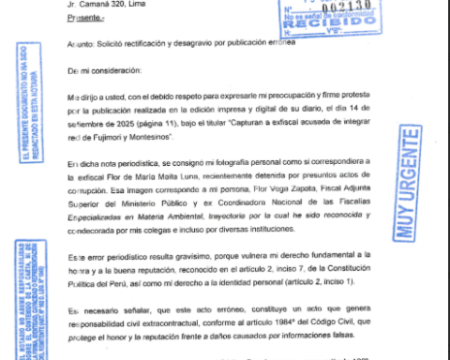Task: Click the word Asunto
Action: pos(82,43)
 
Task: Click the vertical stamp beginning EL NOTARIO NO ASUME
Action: pos(39,300)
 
